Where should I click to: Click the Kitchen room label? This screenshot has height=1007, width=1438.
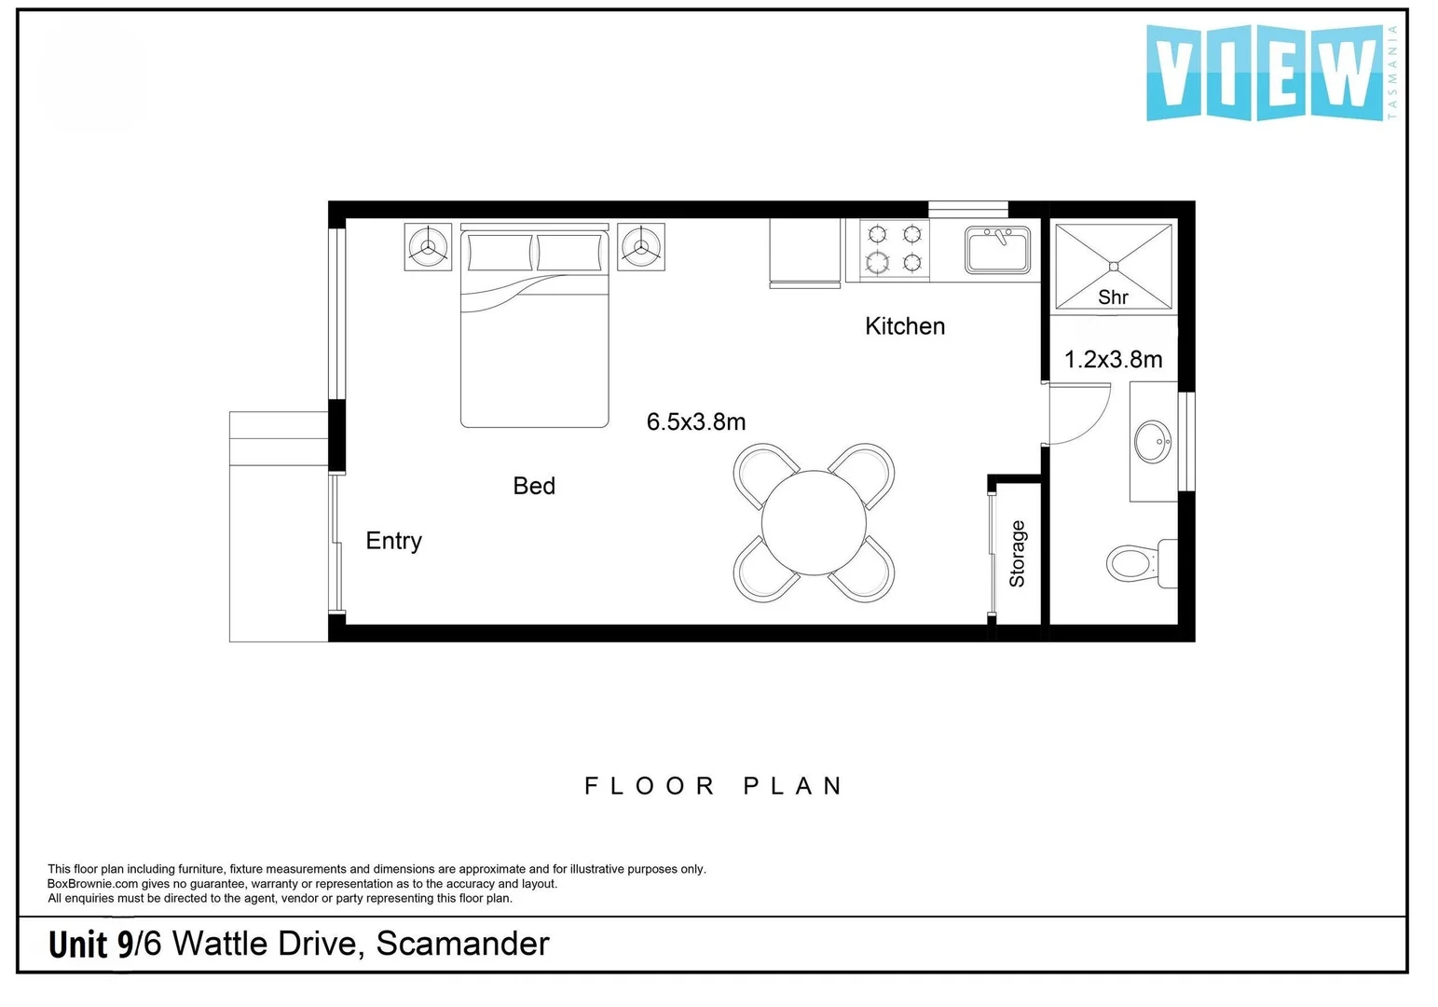(905, 326)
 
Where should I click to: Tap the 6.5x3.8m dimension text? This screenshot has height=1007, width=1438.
(696, 422)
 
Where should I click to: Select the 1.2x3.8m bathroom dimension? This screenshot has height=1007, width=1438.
(1113, 360)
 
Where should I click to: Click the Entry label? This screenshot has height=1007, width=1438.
(393, 541)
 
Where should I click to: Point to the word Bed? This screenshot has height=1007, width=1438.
(534, 486)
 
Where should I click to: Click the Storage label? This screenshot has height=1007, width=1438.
(1018, 554)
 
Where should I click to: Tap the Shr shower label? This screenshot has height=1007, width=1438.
(1113, 297)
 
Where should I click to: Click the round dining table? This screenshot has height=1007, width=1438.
(814, 523)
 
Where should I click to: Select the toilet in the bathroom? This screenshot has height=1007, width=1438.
(1142, 563)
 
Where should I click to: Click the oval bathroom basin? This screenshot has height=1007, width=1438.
(1153, 441)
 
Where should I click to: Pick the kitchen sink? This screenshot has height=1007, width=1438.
(997, 250)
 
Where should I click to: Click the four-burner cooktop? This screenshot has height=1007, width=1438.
(895, 249)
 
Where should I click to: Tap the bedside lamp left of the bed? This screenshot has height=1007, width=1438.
(428, 246)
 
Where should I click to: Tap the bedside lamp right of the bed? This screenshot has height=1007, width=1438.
(641, 246)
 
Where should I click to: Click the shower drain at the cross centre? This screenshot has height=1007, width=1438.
(1114, 267)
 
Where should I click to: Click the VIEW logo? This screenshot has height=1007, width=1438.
(1271, 73)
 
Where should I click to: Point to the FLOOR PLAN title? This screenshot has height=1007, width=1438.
(713, 786)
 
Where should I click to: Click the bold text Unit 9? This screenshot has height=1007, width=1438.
(90, 945)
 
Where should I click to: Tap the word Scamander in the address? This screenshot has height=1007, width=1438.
(462, 944)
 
